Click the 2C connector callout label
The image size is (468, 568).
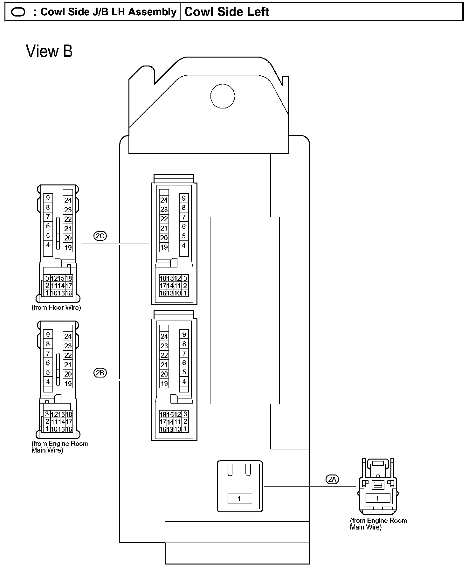100,236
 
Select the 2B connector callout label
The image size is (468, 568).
100,372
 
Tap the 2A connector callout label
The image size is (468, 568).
332,479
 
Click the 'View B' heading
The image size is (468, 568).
49,51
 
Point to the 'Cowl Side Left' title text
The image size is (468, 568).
227,12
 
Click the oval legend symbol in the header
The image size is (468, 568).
18,12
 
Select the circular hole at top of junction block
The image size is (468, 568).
223,96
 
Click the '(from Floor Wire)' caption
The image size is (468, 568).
56,308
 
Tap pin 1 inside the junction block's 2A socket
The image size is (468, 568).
239,499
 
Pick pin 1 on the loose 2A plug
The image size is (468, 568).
377,498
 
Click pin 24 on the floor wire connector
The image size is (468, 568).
68,200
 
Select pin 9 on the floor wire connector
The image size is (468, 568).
48,198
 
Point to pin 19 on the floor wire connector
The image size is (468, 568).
68,247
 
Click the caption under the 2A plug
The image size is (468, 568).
378,524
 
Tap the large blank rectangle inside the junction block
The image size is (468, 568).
244,310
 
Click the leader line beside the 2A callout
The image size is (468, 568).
310,486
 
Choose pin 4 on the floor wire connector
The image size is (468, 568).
48,245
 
